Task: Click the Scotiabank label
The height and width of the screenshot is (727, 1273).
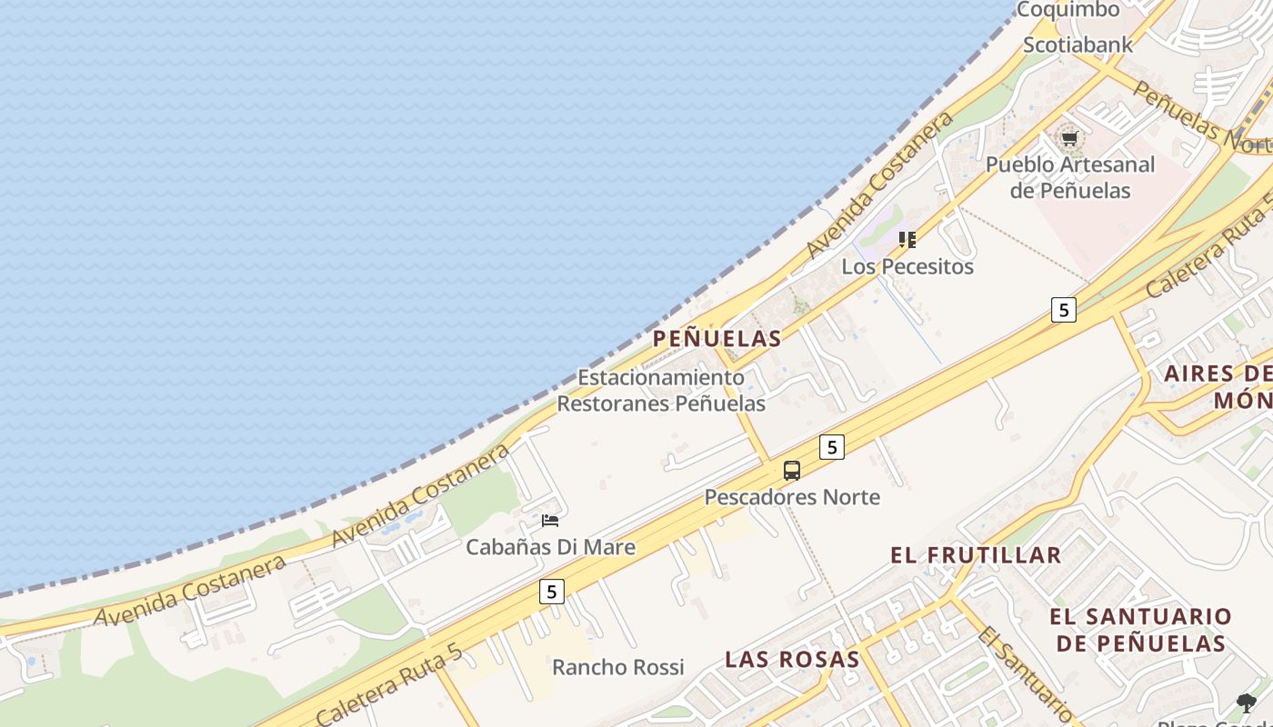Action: coord(1078,45)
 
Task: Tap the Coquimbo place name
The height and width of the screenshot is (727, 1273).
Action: coord(1068,10)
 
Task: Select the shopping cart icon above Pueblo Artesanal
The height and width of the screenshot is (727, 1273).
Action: coord(1069,139)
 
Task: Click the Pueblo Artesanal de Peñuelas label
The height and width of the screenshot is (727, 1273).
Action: coord(1070,177)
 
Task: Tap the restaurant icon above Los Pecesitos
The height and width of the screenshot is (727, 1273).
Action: coord(907,240)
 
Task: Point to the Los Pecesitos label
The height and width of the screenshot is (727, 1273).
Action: coord(907,266)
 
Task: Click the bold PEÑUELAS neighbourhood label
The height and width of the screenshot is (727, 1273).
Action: coord(717,339)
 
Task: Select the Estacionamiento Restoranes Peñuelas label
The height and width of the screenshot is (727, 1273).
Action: coord(661,390)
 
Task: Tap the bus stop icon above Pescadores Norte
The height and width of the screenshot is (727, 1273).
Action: coord(792,471)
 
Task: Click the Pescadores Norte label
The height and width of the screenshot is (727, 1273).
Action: coord(792,497)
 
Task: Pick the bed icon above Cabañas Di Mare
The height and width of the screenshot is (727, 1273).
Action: coord(550,521)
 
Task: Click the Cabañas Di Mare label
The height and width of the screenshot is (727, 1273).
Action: coord(550,547)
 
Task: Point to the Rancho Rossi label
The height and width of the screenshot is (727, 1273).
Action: coord(617,667)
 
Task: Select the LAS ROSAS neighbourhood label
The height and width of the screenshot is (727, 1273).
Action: coord(792,660)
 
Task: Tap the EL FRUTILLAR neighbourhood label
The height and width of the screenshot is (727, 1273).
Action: coord(976,555)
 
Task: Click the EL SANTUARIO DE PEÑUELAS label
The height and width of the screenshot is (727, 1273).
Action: coord(1141,630)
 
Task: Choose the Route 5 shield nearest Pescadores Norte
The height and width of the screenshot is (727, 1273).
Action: coord(831,447)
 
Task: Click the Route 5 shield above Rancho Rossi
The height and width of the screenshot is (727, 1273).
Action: coord(551,592)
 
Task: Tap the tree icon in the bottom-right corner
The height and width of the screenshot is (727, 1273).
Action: coord(1246,702)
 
